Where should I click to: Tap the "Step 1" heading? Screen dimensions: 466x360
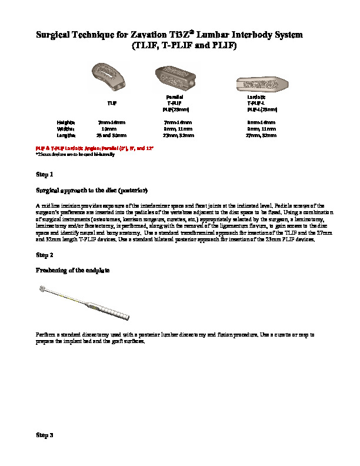pyautogui.click(x=45, y=175)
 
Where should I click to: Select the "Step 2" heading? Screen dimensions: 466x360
pyautogui.click(x=45, y=255)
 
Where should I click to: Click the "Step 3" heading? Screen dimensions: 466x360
pyautogui.click(x=45, y=435)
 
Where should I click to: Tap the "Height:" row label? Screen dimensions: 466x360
pyautogui.click(x=65, y=122)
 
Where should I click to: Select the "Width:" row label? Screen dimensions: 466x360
pyautogui.click(x=65, y=128)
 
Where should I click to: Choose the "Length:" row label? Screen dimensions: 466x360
pyautogui.click(x=66, y=135)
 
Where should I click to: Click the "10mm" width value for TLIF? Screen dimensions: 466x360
pyautogui.click(x=109, y=128)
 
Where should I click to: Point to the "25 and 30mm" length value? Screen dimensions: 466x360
pyautogui.click(x=109, y=135)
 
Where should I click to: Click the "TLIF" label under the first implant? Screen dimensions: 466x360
pyautogui.click(x=111, y=102)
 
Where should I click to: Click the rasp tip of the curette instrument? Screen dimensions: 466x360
pyautogui.click(x=41, y=288)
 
